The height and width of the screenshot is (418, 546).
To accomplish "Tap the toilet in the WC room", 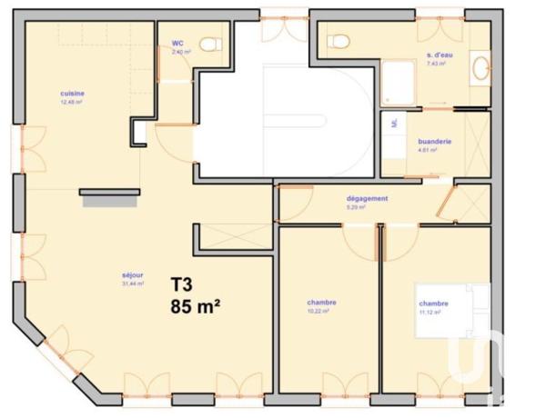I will click(x=211, y=44).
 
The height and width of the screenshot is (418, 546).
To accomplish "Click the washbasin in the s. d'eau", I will click(x=480, y=66).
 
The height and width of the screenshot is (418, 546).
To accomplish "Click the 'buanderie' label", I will click(x=435, y=142).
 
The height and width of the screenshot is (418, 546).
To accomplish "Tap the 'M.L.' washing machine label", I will click(x=394, y=123).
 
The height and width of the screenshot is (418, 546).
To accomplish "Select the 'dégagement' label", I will click(x=368, y=198).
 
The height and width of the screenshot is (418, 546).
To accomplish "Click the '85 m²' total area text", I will click(x=197, y=305).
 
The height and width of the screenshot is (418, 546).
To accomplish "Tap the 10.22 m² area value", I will click(x=318, y=311).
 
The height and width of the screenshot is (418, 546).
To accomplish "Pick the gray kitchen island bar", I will click(x=109, y=193).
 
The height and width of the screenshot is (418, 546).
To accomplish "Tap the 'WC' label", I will click(x=178, y=43).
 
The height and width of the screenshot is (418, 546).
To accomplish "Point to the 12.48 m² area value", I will click(x=72, y=103).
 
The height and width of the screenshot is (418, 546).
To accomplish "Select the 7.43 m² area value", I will click(x=436, y=64).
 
